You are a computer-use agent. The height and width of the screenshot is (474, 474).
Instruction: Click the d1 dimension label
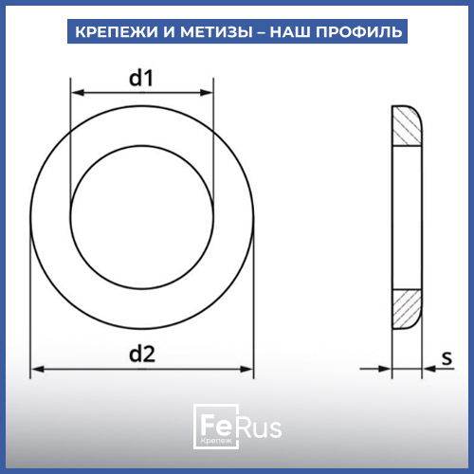pos(141,78)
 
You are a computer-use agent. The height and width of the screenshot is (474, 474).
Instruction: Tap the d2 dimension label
pos(142,354)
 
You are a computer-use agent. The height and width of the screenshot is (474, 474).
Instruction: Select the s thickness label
pos(447,358)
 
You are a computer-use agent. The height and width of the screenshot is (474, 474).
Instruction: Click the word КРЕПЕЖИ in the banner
pos(117,31)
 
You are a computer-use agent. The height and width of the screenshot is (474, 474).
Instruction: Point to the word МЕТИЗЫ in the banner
pos(216,31)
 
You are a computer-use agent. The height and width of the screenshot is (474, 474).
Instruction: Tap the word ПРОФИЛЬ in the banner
pos(359,31)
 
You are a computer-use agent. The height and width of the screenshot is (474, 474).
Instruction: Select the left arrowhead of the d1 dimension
pos(78,93)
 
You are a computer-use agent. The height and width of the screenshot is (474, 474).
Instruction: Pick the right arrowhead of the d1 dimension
pos(207,93)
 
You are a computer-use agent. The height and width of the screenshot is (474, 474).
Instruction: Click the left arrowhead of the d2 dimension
pos(37,369)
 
